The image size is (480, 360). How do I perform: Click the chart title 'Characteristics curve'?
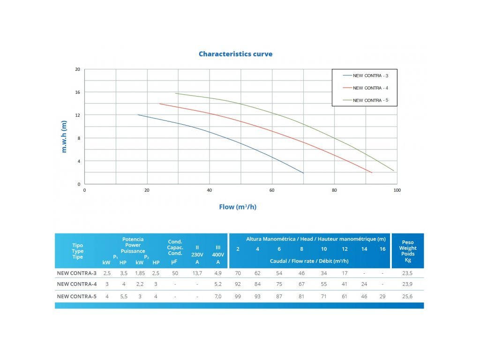(x=235, y=54)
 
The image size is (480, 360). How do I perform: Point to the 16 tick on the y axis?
(x=78, y=92)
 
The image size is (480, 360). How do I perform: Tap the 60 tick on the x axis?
(x=272, y=190)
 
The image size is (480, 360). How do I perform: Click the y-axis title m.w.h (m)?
(x=65, y=136)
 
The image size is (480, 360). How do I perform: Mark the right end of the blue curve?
(x=303, y=173)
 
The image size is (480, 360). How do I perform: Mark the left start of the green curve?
(x=176, y=93)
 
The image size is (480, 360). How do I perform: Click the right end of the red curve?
(x=372, y=172)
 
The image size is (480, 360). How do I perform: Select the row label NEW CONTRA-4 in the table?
(x=76, y=284)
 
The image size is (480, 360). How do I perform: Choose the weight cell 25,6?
(x=407, y=296)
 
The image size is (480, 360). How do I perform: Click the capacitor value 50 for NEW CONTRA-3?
(x=175, y=272)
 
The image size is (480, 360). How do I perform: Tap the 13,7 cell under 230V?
(x=197, y=272)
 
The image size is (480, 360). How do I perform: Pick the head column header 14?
(x=364, y=249)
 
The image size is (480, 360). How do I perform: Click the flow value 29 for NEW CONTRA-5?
(x=382, y=296)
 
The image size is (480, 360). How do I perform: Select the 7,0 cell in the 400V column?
(x=218, y=296)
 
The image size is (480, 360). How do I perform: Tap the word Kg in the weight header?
(x=407, y=260)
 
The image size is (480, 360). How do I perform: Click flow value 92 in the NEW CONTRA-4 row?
(x=238, y=284)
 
